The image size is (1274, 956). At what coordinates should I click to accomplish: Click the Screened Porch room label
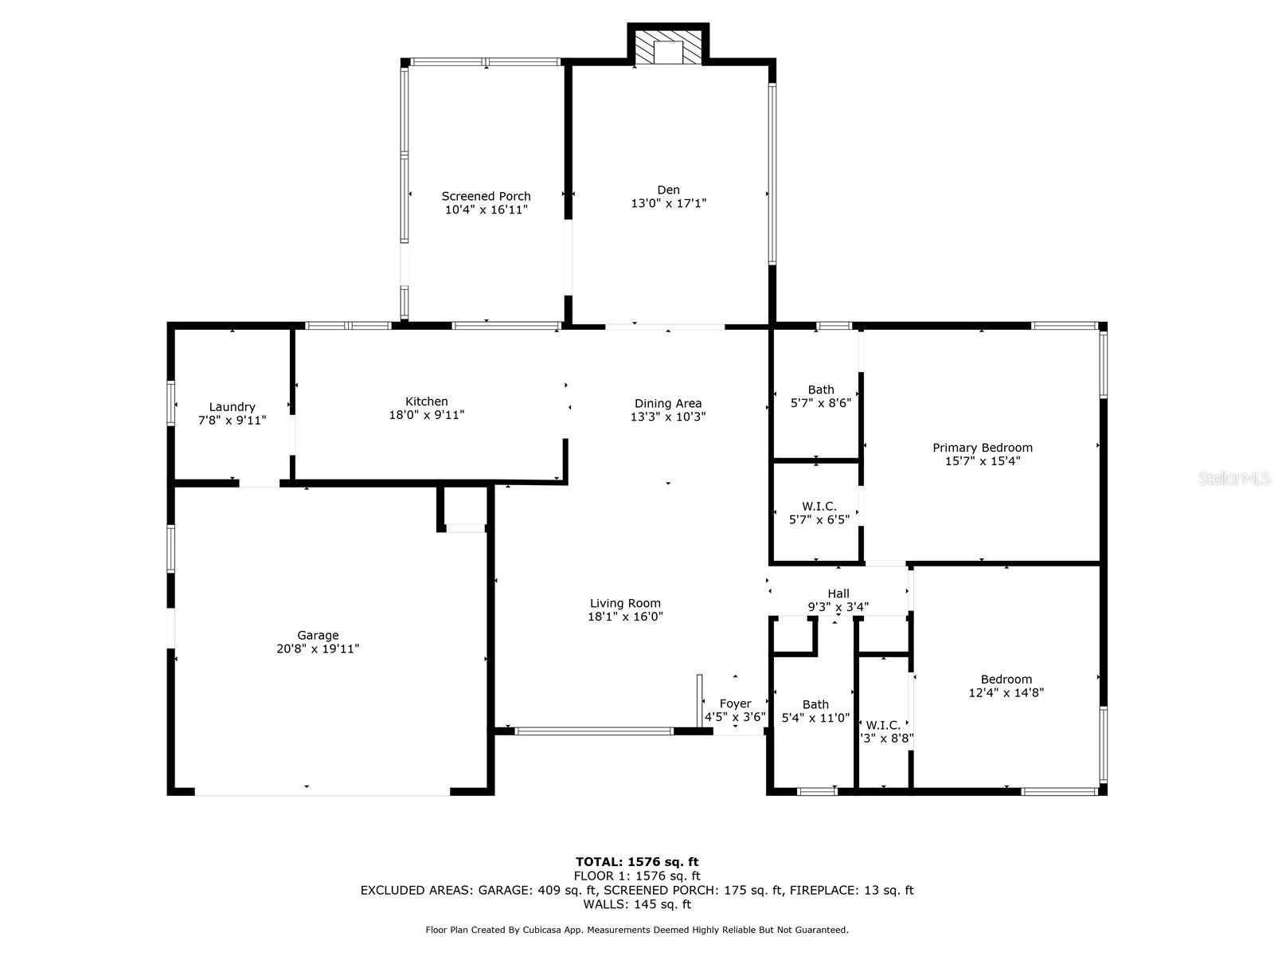486,196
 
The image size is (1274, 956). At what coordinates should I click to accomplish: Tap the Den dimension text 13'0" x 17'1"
669,203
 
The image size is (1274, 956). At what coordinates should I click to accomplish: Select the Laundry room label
233,407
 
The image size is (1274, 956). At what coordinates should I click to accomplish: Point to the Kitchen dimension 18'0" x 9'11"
427,415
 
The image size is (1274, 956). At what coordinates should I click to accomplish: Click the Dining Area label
668,403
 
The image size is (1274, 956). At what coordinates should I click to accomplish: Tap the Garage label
318,635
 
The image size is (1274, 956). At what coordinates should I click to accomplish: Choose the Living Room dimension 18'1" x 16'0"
625,617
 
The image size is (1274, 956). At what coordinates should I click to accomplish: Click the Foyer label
736,703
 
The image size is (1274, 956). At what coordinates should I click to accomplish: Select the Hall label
838,594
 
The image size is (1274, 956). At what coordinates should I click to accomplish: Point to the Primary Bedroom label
983,448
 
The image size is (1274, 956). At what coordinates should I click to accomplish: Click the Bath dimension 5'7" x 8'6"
821,403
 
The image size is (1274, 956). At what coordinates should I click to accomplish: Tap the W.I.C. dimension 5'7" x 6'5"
819,519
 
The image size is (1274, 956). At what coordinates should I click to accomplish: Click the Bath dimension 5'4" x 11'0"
815,718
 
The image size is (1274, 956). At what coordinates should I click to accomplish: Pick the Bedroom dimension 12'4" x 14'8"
1006,692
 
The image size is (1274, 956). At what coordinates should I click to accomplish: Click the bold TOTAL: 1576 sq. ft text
637,862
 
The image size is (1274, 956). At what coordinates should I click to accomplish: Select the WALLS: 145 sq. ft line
637,903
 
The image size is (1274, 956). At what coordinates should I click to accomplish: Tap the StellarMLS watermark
1234,478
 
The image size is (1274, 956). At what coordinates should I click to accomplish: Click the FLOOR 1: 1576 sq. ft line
637,876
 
